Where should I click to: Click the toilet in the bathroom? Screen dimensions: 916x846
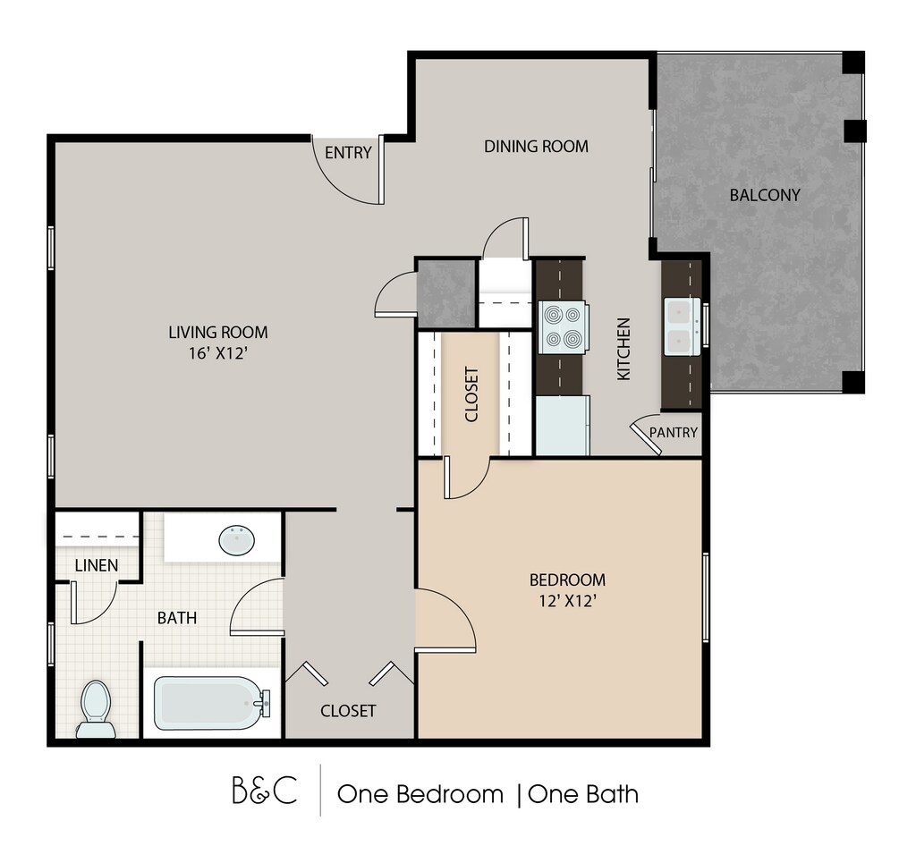[96, 709]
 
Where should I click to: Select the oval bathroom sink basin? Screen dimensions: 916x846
[236, 540]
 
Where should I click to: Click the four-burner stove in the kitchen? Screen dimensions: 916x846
[563, 327]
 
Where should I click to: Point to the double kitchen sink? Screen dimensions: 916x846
[682, 326]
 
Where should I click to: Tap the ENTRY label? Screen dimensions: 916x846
[348, 153]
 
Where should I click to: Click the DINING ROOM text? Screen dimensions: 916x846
[537, 146]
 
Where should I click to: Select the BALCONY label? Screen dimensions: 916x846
[765, 195]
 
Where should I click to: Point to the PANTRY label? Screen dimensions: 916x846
[674, 432]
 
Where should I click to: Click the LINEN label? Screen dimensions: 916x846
[97, 565]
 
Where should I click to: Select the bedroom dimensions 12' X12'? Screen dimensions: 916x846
[567, 601]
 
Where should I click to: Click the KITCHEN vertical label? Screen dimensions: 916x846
[623, 349]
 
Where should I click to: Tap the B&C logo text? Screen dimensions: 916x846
[265, 791]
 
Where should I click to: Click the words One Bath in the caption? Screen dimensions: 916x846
[583, 794]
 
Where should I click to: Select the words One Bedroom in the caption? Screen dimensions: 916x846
[420, 794]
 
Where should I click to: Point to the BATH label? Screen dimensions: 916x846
[177, 618]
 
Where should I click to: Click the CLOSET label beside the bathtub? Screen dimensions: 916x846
[348, 711]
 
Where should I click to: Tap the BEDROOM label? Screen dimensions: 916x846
[567, 580]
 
